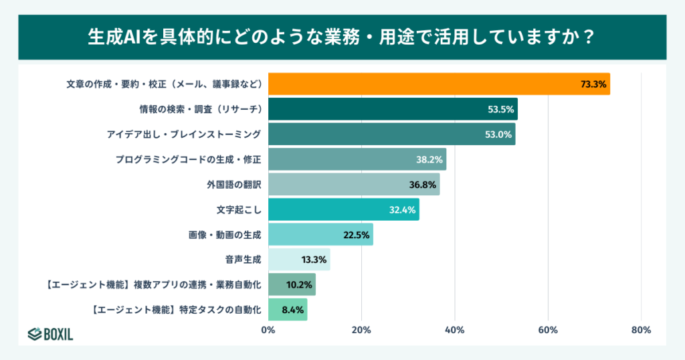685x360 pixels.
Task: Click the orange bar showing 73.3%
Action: pos(439,84)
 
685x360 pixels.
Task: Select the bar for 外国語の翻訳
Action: pos(354,184)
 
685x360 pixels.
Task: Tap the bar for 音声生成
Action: pos(299,259)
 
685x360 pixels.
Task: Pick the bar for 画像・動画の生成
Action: pos(320,234)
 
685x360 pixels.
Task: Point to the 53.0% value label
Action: pos(498,134)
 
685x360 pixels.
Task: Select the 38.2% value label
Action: pos(429,159)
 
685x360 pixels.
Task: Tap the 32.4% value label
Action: pos(402,209)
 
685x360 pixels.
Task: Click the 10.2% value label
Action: pos(298,284)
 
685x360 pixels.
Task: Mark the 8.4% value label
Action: pos(292,309)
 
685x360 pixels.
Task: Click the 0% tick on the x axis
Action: pos(268,330)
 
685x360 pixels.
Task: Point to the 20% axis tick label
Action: pos(361,330)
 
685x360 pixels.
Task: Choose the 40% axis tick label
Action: pos(455,330)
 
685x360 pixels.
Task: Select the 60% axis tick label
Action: pos(548,330)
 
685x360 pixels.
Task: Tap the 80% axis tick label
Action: pos(641,330)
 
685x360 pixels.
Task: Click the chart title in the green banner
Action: pos(342,37)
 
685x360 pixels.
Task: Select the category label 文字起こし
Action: pos(238,209)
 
